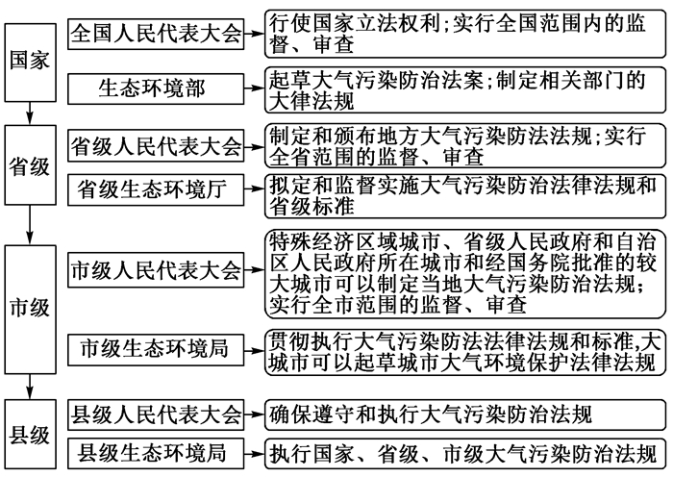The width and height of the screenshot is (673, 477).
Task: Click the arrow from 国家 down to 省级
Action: (x=30, y=113)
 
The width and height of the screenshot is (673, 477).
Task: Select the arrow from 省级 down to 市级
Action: (x=30, y=225)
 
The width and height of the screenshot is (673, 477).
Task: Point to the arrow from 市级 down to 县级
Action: (x=30, y=387)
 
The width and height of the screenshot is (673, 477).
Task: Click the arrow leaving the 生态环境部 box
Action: (x=254, y=88)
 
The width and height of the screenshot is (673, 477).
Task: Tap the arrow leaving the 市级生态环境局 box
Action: (x=254, y=350)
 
